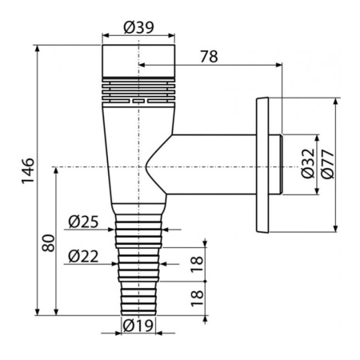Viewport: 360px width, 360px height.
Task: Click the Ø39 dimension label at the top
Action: tap(138, 27)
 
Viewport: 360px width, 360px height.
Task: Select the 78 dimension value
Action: tap(209, 57)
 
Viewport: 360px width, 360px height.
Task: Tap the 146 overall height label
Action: tap(28, 170)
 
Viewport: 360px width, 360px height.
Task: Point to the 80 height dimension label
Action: tap(49, 243)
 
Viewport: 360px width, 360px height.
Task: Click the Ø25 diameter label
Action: tap(83, 222)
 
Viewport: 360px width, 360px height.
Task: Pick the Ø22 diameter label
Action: tap(83, 257)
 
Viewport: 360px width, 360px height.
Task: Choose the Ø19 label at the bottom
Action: tap(138, 326)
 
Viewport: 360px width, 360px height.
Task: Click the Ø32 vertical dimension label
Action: tap(308, 163)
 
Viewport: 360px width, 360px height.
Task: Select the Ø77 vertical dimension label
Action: tap(327, 164)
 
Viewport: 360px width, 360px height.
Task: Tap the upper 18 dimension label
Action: tap(198, 265)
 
